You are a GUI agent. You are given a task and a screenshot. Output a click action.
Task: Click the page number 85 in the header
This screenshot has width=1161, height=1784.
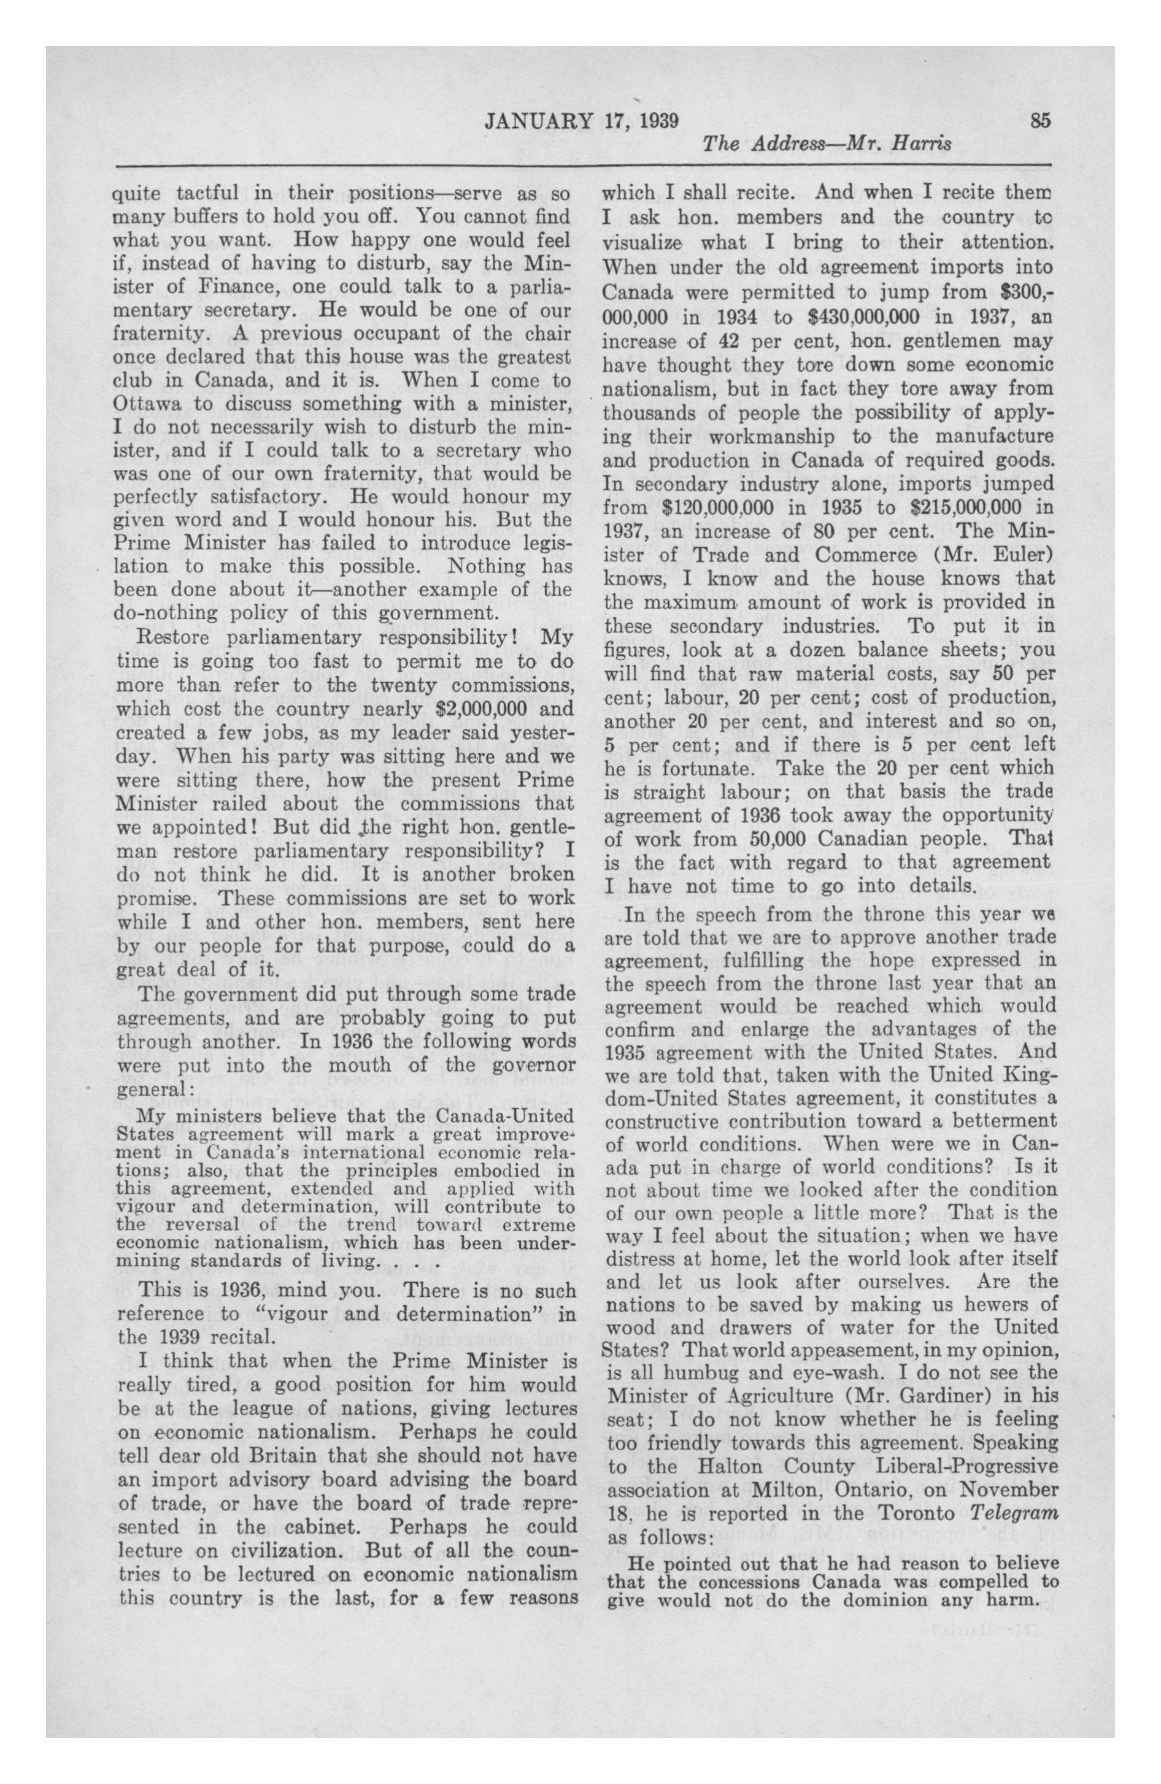tap(1041, 120)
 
